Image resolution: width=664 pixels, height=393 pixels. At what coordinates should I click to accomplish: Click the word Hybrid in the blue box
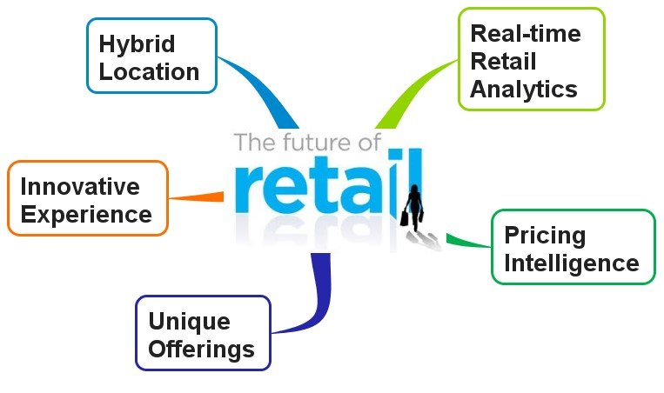click(137, 45)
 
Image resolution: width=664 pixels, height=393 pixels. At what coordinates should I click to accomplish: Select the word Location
click(149, 71)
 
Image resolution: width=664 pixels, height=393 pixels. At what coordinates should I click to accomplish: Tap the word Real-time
click(526, 33)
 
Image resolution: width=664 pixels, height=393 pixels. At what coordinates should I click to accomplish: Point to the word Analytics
click(524, 90)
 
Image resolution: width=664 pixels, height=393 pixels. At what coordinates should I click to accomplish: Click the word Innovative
click(80, 186)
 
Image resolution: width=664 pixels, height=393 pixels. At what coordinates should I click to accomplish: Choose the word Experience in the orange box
click(86, 215)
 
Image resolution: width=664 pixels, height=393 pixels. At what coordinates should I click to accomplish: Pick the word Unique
click(190, 322)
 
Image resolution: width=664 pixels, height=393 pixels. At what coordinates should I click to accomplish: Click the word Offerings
click(202, 350)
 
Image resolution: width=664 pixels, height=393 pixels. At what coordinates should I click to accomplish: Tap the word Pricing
click(545, 236)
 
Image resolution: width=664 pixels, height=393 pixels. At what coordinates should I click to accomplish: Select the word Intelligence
click(572, 263)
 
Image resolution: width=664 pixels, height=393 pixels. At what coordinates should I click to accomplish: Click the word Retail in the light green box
click(503, 62)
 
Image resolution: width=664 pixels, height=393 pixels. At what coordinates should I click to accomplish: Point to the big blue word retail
click(328, 182)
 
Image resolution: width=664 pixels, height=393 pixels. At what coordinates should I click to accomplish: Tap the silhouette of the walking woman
click(413, 207)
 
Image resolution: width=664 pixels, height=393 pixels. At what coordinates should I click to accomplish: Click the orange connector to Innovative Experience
click(196, 196)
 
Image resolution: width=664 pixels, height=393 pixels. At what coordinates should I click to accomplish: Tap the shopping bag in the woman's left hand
click(405, 218)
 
